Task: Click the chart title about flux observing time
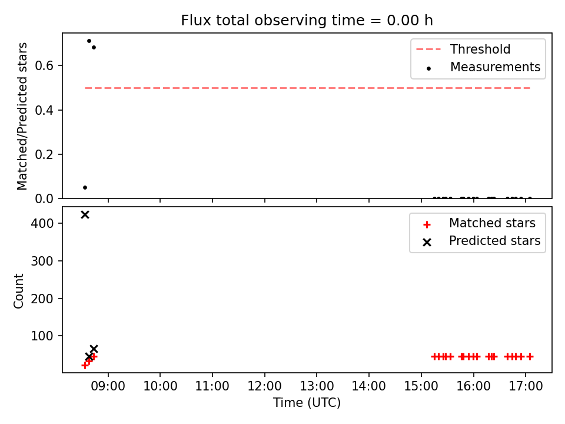307,21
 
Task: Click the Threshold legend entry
463,49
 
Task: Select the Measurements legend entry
483,67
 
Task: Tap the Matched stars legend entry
480,223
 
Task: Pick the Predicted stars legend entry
482,241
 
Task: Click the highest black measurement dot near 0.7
89,41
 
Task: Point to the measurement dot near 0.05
85,187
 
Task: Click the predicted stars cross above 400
85,215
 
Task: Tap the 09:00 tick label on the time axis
108,386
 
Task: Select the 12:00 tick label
264,386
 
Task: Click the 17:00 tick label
526,386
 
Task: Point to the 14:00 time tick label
368,386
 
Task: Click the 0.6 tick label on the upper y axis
44,65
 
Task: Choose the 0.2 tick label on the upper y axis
44,154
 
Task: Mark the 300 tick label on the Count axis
42,261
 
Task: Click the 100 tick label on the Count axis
42,336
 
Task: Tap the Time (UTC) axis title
307,402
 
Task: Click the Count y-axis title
18,291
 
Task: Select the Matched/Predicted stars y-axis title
22,116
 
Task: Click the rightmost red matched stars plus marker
530,357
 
